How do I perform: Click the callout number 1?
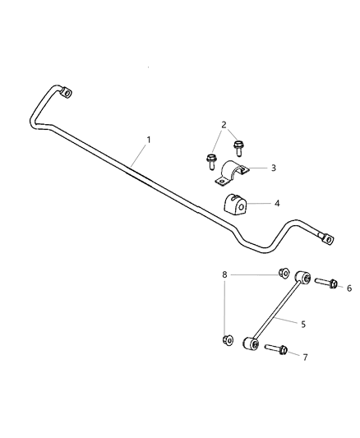coord(149,140)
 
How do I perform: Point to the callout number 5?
coord(303,325)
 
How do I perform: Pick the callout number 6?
coord(348,288)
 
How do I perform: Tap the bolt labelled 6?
coord(324,284)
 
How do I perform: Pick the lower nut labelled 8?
coord(227,339)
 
